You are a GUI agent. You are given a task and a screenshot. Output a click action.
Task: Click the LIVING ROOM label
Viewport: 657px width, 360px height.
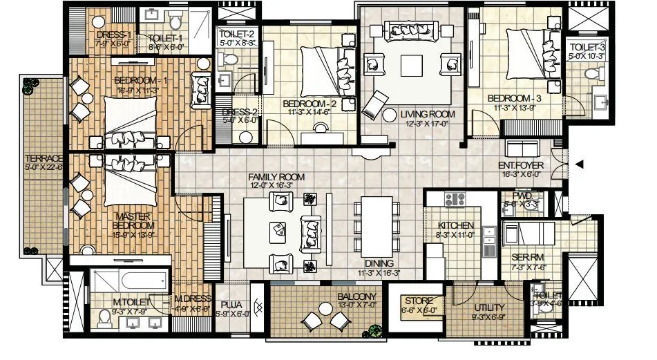click(x=428, y=114)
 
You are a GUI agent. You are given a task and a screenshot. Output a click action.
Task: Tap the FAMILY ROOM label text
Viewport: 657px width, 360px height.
click(x=276, y=178)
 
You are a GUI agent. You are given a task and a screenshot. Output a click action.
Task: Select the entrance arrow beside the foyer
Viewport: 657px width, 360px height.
click(x=580, y=164)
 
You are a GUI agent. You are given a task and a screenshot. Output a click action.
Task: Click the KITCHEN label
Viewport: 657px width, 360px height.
click(x=456, y=226)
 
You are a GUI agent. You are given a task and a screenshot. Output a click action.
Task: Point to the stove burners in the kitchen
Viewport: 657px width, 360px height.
click(x=455, y=200)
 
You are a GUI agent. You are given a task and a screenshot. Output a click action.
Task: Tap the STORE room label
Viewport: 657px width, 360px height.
click(x=419, y=301)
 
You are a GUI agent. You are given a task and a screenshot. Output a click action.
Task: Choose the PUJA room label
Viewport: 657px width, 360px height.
click(x=231, y=303)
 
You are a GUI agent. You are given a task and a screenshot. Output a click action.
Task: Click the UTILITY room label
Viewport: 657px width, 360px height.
click(x=489, y=307)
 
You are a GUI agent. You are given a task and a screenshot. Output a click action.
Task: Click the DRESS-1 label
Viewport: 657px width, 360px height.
click(x=113, y=35)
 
